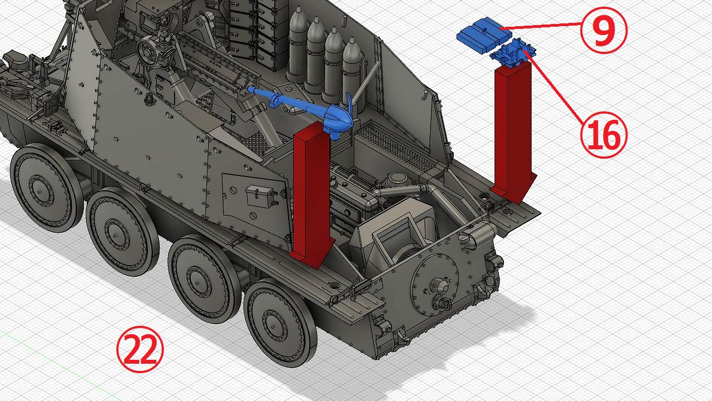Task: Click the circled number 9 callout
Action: (604, 30)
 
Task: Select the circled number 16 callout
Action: (604, 135)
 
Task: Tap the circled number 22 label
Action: (140, 349)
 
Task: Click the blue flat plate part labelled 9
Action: (484, 35)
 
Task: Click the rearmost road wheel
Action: (280, 323)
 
